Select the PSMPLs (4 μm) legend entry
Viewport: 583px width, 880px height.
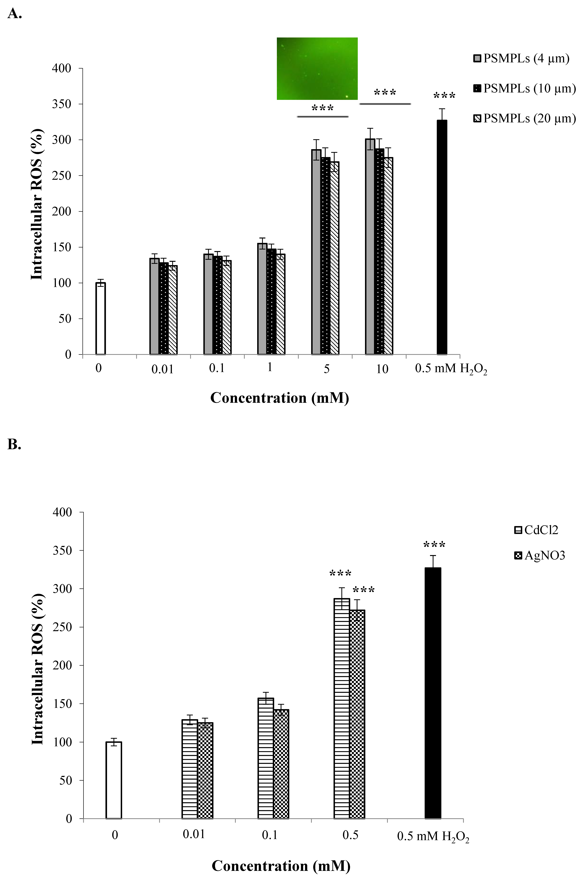(521, 58)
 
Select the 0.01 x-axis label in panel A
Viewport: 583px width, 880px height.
(162, 369)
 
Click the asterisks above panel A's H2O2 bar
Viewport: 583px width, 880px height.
(444, 96)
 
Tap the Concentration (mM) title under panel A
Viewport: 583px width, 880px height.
(280, 398)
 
